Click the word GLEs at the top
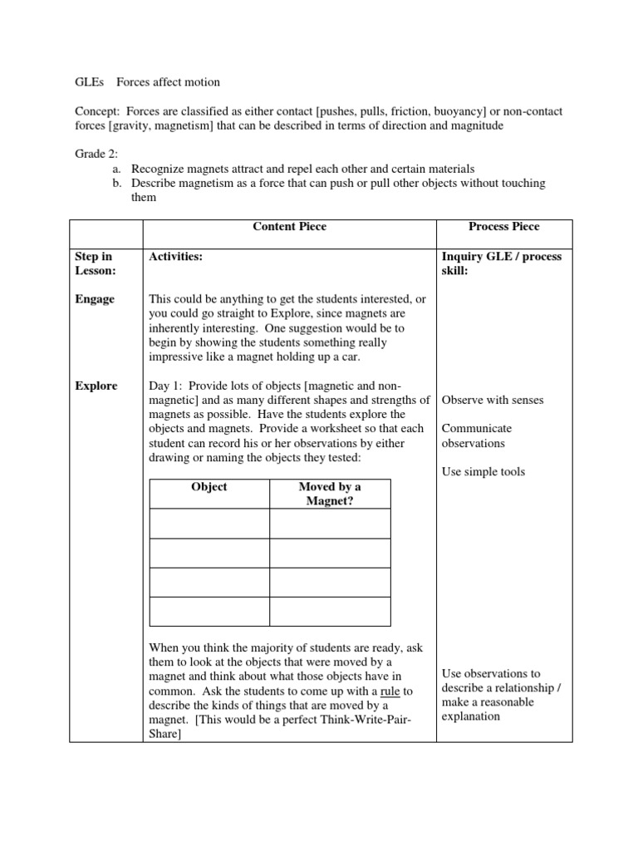(88, 81)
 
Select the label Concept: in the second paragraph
(98, 111)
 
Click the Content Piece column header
(289, 226)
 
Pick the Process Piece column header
(504, 226)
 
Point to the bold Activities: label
(175, 257)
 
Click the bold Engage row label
(96, 299)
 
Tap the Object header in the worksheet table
(209, 487)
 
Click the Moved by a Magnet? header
(330, 494)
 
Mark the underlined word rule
(391, 691)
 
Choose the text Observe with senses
(493, 400)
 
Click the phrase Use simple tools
(483, 472)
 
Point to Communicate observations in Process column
(478, 435)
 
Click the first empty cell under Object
(209, 524)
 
